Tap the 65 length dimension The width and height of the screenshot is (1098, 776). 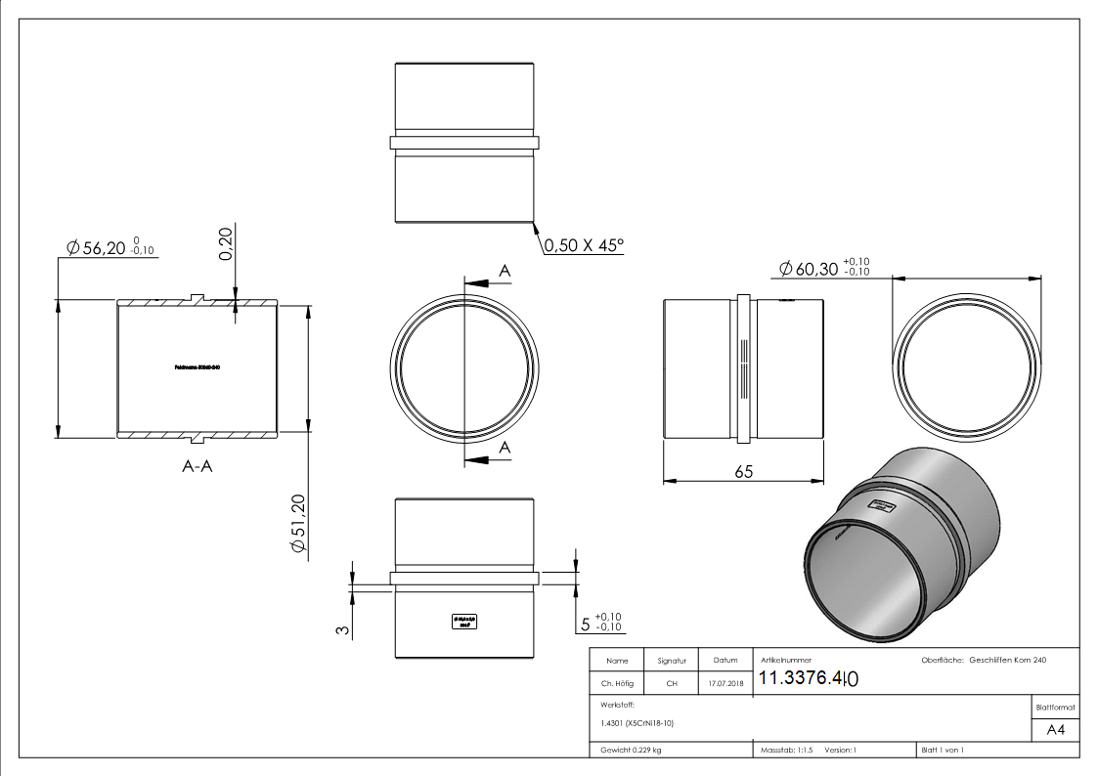743,471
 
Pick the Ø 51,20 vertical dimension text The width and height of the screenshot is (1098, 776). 298,526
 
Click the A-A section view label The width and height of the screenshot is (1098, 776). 199,467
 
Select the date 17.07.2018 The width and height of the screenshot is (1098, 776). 725,683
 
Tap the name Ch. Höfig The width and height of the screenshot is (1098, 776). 618,683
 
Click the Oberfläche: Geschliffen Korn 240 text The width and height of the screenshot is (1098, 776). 984,661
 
